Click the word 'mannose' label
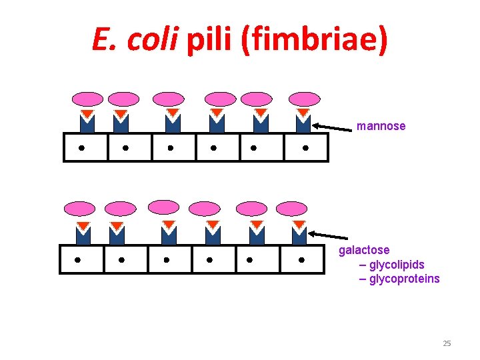[x=381, y=126]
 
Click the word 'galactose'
[x=364, y=250]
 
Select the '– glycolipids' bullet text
[x=391, y=265]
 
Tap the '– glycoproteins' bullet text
[x=399, y=279]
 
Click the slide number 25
[x=447, y=343]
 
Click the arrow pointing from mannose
[x=333, y=126]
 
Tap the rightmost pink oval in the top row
[x=304, y=99]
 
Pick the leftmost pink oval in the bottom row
[x=79, y=209]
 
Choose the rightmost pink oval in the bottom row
[x=292, y=209]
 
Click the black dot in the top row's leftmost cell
[x=81, y=148]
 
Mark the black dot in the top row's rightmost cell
[x=305, y=148]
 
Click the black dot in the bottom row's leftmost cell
[x=77, y=259]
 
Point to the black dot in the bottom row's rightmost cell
[x=301, y=259]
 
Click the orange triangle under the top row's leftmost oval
[x=87, y=114]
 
